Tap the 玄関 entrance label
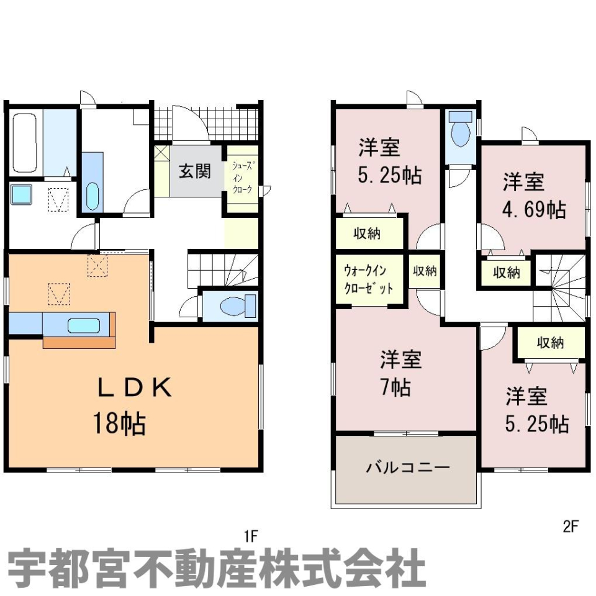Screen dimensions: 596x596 (x=194, y=171)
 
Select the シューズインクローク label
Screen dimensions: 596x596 (x=243, y=178)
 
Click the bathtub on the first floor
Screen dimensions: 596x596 (x=25, y=143)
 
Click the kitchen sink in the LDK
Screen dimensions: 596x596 (x=84, y=326)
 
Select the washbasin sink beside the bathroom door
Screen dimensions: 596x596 (x=92, y=197)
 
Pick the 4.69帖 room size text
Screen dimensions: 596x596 (x=535, y=209)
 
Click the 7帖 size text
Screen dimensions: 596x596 (x=396, y=387)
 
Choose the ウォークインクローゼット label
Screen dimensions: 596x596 (x=368, y=280)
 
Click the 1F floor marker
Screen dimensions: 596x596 (x=251, y=536)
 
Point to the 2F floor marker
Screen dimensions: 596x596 (x=570, y=526)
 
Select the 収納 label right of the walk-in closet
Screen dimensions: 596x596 (x=425, y=271)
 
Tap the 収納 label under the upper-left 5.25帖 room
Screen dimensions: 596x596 (x=367, y=233)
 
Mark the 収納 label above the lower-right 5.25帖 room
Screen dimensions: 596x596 (x=551, y=343)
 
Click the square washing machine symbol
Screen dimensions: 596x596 (x=21, y=194)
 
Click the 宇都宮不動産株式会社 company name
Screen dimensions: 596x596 (x=216, y=568)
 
